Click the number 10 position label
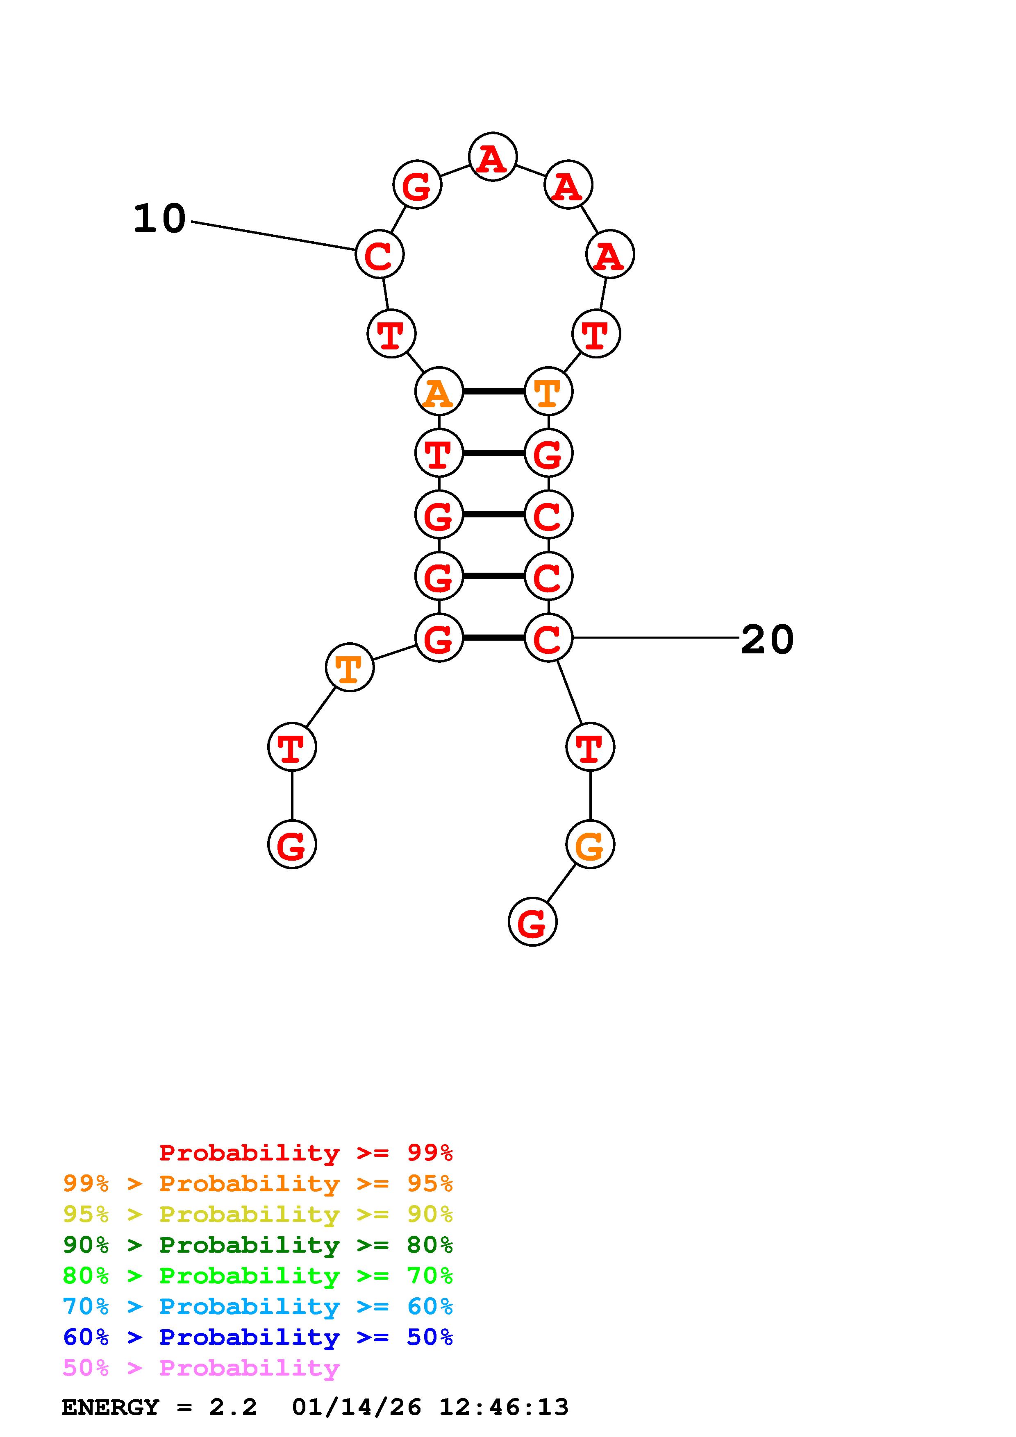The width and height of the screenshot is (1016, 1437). pyautogui.click(x=159, y=219)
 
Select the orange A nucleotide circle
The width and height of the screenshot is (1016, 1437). pyautogui.click(x=439, y=392)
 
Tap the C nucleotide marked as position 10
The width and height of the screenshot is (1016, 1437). pyautogui.click(x=380, y=254)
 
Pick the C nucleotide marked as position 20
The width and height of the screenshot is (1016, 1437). pyautogui.click(x=548, y=638)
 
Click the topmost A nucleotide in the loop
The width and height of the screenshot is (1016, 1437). pyautogui.click(x=493, y=156)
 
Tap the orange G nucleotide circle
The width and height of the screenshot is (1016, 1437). pyautogui.click(x=590, y=845)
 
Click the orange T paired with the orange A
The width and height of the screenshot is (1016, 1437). pyautogui.click(x=548, y=392)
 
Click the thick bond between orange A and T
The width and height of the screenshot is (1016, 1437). pyautogui.click(x=493, y=392)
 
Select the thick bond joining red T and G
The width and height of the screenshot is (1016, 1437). pyautogui.click(x=493, y=453)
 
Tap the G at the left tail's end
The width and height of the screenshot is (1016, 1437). pyautogui.click(x=292, y=845)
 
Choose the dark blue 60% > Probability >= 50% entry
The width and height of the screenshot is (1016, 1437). pyautogui.click(x=258, y=1337)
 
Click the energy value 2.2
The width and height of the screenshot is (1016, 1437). pyautogui.click(x=233, y=1407)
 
